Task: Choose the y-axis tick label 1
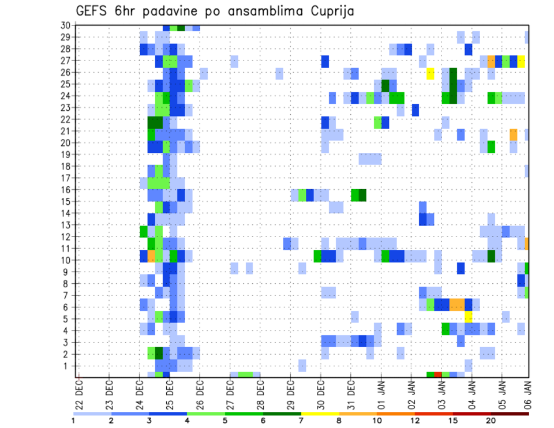point(68,366)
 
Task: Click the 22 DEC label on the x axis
point(79,393)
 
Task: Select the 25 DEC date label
point(170,393)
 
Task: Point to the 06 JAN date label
point(527,393)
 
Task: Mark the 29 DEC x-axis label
point(290,393)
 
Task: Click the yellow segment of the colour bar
point(320,414)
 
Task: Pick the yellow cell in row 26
point(431,73)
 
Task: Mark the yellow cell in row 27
point(521,61)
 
